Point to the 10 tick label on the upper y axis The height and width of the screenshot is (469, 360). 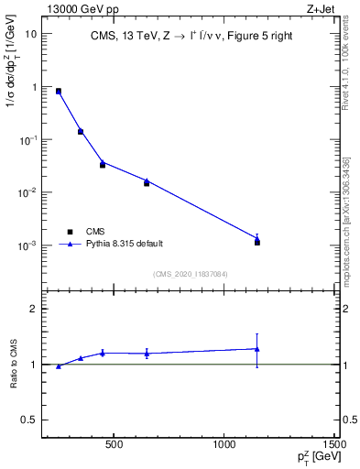pyautogui.click(x=31, y=34)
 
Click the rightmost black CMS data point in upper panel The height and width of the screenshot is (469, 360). pyautogui.click(x=257, y=243)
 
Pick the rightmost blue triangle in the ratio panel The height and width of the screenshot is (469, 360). pyautogui.click(x=257, y=349)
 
